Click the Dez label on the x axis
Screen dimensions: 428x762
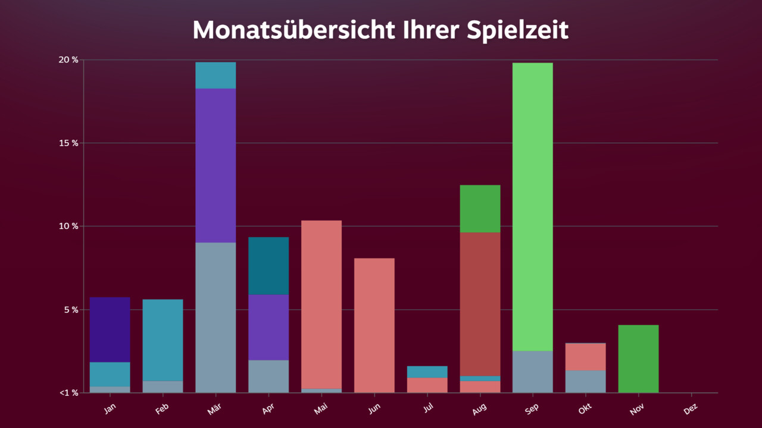click(691, 410)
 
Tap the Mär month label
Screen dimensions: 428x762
click(215, 410)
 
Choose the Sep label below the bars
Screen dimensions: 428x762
click(532, 410)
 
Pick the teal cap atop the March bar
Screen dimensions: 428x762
click(216, 75)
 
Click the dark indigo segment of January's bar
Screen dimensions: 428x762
click(110, 329)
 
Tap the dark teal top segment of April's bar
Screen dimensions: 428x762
click(268, 266)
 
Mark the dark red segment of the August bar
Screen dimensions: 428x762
click(480, 304)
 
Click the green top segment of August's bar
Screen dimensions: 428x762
click(480, 209)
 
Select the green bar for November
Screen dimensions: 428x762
click(638, 358)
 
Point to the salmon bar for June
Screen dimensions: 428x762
click(374, 325)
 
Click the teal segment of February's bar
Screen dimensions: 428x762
click(163, 340)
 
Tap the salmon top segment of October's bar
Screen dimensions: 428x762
click(585, 357)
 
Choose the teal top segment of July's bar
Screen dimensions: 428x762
click(427, 372)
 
